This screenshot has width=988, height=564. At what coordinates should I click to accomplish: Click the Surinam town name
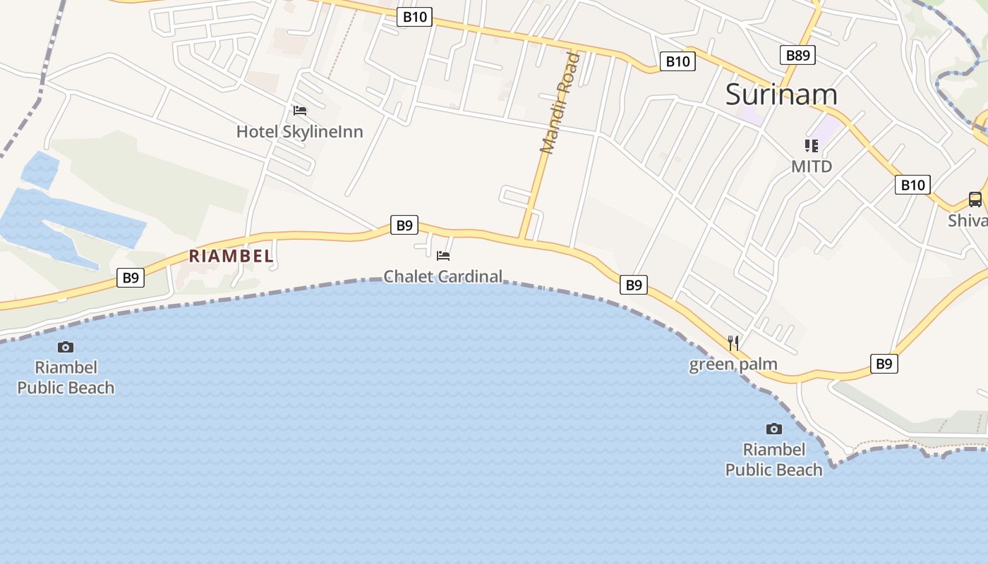point(781,94)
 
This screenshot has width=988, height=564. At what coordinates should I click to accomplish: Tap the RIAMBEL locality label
point(231,256)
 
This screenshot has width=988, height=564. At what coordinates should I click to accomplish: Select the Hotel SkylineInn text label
point(299,131)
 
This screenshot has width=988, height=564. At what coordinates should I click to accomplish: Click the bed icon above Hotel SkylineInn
point(300,111)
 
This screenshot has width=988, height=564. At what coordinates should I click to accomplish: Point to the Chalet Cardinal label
point(442,276)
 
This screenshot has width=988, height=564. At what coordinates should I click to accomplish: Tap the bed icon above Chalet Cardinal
point(443,255)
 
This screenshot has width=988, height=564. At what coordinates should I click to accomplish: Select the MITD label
point(812,166)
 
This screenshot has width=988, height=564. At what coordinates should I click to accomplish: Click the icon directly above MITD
point(812,146)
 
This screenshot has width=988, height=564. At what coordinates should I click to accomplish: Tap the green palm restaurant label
point(733,364)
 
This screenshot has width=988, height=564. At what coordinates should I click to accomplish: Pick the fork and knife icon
point(734,343)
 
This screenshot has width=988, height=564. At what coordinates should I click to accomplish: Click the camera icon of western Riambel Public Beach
point(66,347)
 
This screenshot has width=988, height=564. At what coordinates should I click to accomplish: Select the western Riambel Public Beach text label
point(66,377)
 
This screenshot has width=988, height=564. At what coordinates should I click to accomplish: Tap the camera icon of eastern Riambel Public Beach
point(774,429)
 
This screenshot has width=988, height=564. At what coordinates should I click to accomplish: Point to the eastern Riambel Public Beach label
point(774,460)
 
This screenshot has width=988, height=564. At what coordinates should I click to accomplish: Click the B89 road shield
point(798,55)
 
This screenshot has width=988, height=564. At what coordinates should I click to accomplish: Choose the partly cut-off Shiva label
point(968,220)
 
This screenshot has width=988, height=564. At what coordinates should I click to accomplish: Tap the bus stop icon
point(975,200)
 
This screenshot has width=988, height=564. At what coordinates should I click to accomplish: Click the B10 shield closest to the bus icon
point(912,185)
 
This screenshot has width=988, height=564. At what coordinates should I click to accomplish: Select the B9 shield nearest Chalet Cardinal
point(404,226)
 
